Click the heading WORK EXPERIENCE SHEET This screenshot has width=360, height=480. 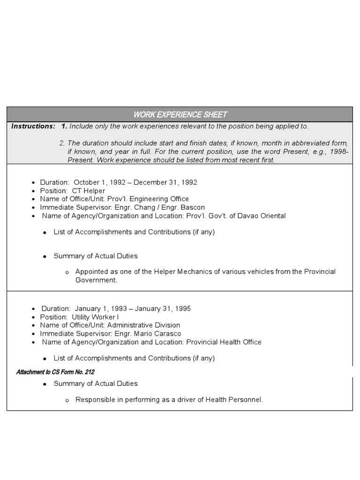pos(180,114)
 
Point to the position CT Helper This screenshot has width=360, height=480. pos(89,191)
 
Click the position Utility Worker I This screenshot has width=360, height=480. pos(95,317)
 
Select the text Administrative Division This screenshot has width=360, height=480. pos(144,325)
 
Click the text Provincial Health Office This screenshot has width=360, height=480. pos(224,342)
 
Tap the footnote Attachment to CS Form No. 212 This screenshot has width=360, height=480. pos(55,372)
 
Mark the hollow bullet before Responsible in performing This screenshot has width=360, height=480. pos(67,400)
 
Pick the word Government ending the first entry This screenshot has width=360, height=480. pos(96,280)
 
